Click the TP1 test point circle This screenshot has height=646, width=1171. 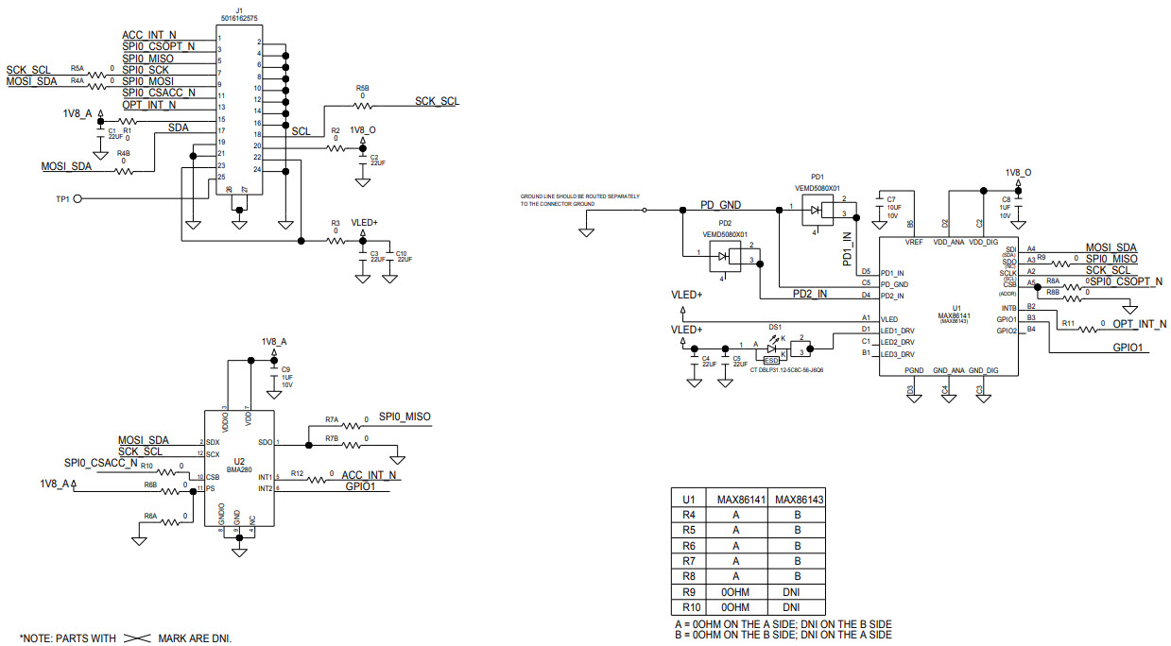[77, 199]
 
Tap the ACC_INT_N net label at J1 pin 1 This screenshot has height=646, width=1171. [149, 35]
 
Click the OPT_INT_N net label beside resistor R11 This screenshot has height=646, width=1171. [1139, 324]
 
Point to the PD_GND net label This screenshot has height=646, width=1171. [719, 204]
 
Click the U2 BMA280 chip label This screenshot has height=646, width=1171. [239, 462]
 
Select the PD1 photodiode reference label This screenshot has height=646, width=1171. [818, 177]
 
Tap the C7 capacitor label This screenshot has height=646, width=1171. [890, 199]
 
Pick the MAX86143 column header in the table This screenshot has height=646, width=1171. [797, 500]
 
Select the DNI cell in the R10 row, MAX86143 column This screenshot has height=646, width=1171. [797, 606]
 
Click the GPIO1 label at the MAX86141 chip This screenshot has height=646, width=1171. [1128, 348]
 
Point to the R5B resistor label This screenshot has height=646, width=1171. [363, 88]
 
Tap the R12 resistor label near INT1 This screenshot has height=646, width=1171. [297, 472]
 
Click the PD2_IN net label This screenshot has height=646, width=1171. [809, 294]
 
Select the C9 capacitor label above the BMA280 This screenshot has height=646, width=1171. [286, 369]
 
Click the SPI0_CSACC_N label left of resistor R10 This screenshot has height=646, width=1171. [101, 463]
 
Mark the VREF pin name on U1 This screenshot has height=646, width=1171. [913, 243]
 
